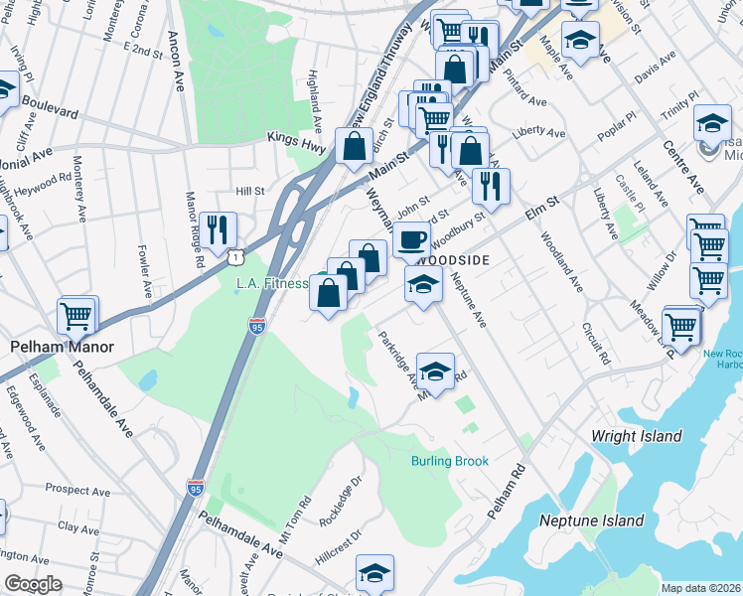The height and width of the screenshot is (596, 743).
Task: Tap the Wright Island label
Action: tap(636, 436)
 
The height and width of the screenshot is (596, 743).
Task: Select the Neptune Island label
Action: tap(591, 521)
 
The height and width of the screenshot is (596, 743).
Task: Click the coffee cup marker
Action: tap(411, 238)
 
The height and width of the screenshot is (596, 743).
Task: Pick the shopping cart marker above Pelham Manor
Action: tap(76, 316)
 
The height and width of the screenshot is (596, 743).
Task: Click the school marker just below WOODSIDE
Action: tap(423, 286)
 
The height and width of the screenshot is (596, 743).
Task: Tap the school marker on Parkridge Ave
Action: tap(434, 372)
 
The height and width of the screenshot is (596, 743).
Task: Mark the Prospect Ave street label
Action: tap(75, 491)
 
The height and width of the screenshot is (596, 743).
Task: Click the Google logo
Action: tap(34, 584)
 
